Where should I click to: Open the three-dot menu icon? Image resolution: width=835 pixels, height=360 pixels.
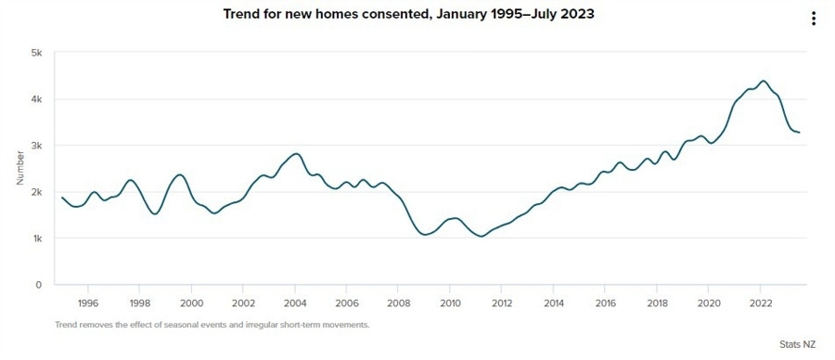(814, 19)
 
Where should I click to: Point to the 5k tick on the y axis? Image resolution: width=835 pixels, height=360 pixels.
(38, 53)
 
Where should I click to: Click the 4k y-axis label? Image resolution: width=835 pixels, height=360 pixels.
(38, 99)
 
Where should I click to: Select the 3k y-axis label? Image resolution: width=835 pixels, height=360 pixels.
(38, 146)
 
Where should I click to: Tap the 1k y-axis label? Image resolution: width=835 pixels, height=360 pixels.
(38, 238)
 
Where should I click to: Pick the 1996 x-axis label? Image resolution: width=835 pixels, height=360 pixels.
(88, 302)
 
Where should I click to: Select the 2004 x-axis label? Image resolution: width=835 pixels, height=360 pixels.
(295, 302)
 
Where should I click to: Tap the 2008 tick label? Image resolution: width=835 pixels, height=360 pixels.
(399, 302)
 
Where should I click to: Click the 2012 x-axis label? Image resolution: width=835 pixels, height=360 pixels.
(502, 302)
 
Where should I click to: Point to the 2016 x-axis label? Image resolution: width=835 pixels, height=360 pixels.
(606, 302)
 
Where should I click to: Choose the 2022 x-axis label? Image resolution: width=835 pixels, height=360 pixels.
(761, 302)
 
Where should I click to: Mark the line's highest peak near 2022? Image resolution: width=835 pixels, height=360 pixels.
(763, 81)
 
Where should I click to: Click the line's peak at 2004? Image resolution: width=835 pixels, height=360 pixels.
(296, 154)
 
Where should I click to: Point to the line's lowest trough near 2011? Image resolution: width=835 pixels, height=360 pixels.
(481, 237)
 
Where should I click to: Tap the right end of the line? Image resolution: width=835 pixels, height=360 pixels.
(800, 133)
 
